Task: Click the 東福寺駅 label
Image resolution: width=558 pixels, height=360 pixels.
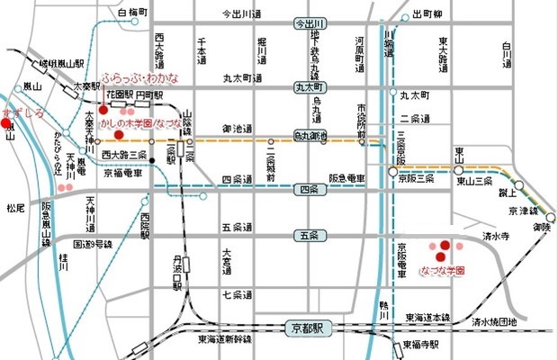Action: [421, 345]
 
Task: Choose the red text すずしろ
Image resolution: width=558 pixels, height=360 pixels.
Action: [22, 113]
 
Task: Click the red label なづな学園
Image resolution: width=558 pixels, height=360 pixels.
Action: [442, 269]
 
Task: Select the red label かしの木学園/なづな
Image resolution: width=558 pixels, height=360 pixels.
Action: [140, 121]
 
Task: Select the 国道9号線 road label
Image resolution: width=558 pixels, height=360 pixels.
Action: [93, 243]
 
